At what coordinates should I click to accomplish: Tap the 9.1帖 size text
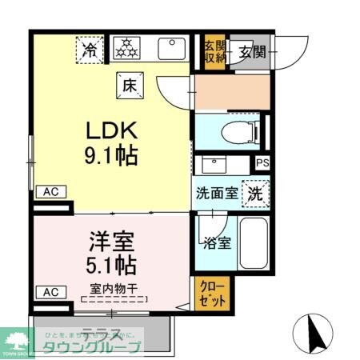pos(112,154)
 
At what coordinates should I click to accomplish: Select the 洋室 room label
pos(110,240)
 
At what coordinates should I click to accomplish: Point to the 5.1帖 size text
pos(110,263)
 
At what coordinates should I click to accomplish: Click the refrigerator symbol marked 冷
pos(92,50)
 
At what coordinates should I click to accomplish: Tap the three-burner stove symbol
pos(125,50)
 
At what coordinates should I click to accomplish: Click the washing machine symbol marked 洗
pos(254,192)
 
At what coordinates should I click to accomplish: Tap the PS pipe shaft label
pos(262,163)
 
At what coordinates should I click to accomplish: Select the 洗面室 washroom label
pos(218,193)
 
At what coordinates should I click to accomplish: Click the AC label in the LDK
pos(50,192)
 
